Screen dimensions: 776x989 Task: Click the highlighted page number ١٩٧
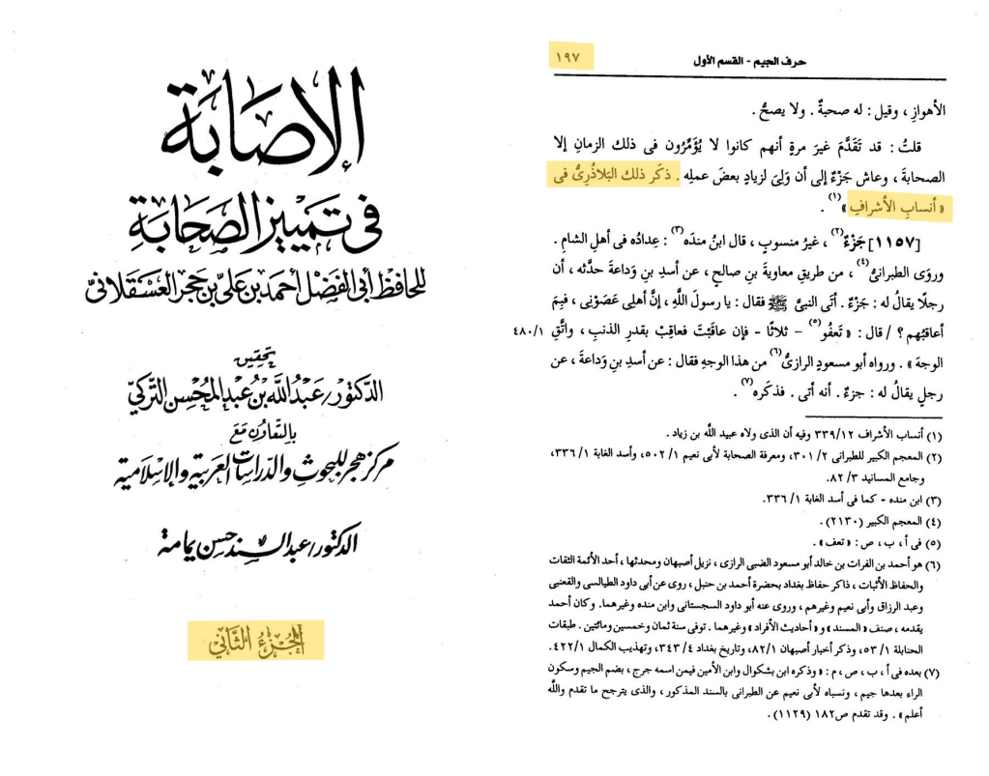point(569,58)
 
